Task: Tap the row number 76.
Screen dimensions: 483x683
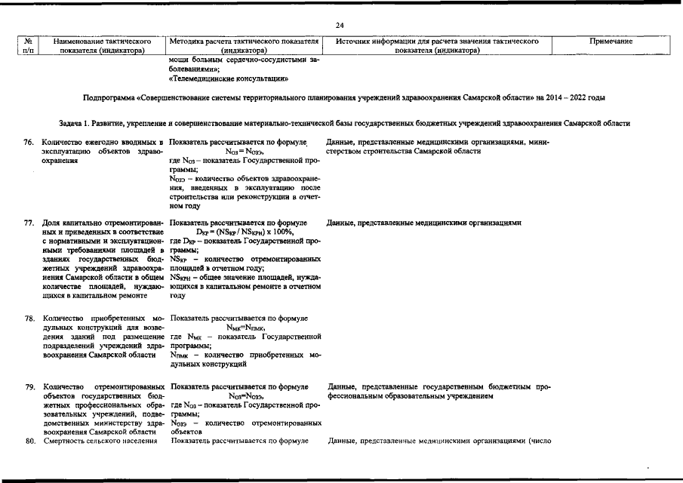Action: click(30, 143)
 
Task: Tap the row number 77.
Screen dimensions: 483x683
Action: click(30, 223)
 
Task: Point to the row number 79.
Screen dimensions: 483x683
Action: click(30, 386)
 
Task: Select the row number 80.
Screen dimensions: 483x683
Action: click(30, 441)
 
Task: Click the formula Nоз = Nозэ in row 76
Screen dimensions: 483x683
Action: click(245, 152)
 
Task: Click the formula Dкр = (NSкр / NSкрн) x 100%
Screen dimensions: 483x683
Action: click(245, 232)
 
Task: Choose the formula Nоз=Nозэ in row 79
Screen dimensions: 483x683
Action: click(245, 395)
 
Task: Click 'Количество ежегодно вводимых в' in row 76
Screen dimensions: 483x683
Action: click(102, 143)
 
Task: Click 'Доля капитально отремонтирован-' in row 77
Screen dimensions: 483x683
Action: click(102, 223)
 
